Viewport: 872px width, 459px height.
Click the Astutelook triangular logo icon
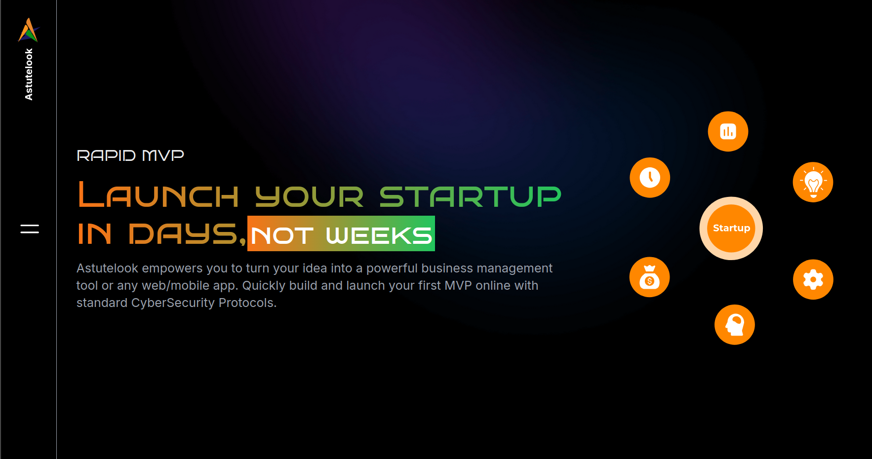(29, 30)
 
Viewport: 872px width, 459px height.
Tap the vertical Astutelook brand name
(29, 74)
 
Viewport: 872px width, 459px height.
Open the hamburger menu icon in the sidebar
(30, 229)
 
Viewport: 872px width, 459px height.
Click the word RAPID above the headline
(106, 155)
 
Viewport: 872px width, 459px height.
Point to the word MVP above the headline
(163, 155)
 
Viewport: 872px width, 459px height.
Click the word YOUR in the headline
(310, 196)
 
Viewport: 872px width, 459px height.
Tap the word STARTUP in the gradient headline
(471, 196)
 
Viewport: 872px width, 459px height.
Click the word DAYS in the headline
(183, 233)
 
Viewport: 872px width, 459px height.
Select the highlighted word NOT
(282, 235)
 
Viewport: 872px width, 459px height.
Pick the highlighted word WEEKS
(379, 235)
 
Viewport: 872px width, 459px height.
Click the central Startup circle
(731, 229)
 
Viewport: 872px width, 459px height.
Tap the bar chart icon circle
(728, 131)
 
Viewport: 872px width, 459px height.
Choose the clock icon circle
(650, 178)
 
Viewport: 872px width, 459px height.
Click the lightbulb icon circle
(813, 182)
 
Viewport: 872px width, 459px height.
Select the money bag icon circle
(649, 277)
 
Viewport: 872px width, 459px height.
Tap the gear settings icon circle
(813, 279)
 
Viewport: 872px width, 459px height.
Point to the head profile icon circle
(735, 325)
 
